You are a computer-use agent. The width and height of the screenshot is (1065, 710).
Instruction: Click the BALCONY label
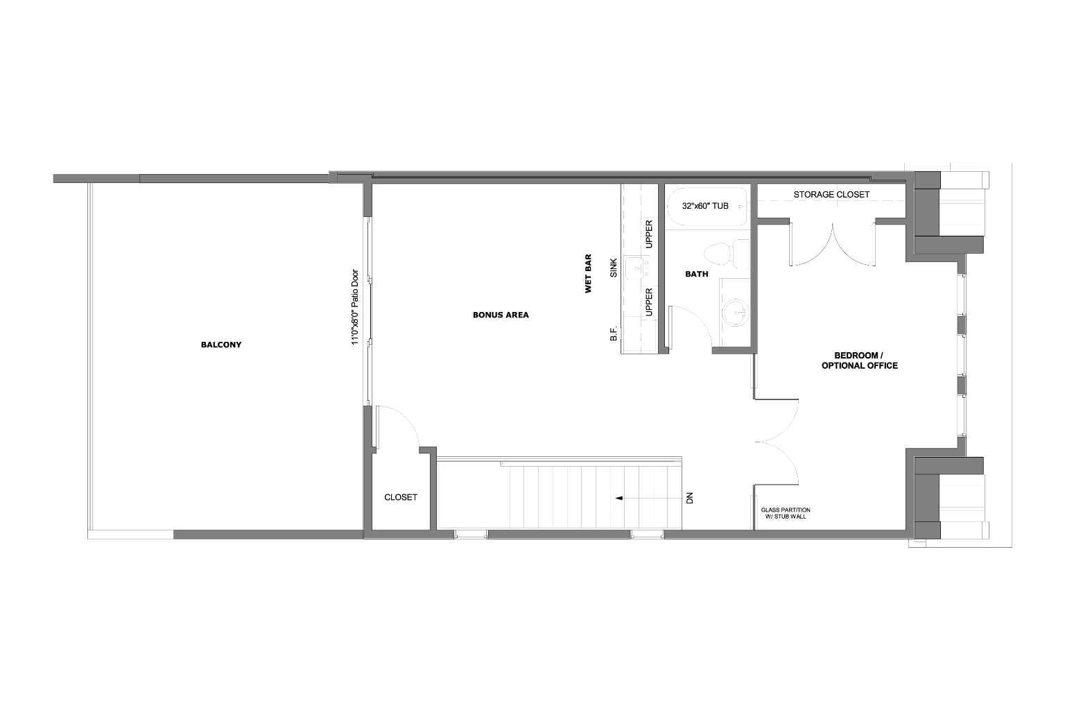point(220,345)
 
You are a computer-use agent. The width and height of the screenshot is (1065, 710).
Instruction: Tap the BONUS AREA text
point(501,315)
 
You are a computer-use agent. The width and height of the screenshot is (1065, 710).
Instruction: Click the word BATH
point(696,274)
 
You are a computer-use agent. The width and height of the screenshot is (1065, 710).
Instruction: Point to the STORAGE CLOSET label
point(831,195)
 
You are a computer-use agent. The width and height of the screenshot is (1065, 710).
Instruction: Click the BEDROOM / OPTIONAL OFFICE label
point(859,360)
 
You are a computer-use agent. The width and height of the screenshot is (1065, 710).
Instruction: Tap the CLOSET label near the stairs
point(401,497)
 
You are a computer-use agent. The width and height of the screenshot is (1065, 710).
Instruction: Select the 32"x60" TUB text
point(705,206)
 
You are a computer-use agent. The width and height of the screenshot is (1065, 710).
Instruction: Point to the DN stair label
point(689,498)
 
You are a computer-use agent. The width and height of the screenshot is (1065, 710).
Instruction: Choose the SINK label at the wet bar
point(614,268)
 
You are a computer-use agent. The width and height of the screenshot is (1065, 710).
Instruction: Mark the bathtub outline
point(707,207)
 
